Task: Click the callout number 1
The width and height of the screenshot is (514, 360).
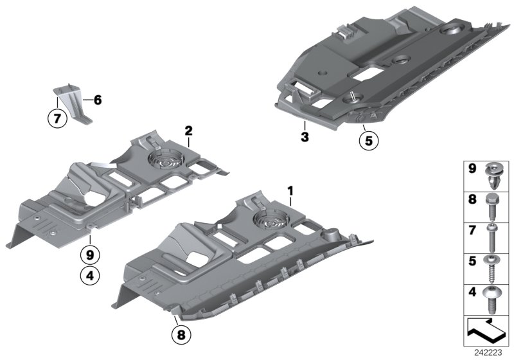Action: point(290,191)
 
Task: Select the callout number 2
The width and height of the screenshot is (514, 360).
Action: point(188,130)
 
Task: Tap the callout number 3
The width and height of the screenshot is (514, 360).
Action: point(305,137)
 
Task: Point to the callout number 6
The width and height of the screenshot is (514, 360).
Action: point(97,100)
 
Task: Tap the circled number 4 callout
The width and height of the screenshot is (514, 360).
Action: point(89,277)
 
